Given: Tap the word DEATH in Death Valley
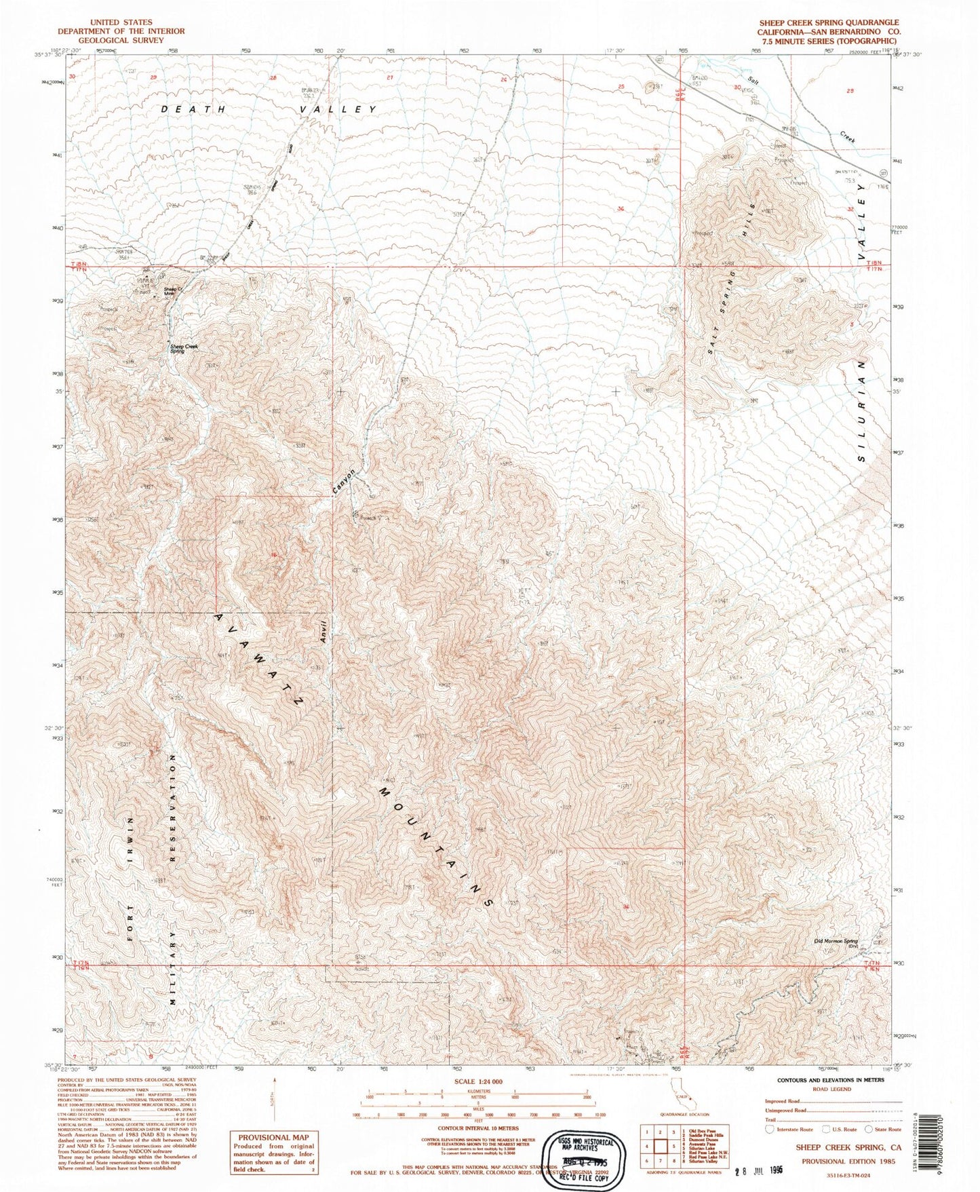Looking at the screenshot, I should [192, 109].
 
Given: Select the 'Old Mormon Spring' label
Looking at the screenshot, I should [836, 942].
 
